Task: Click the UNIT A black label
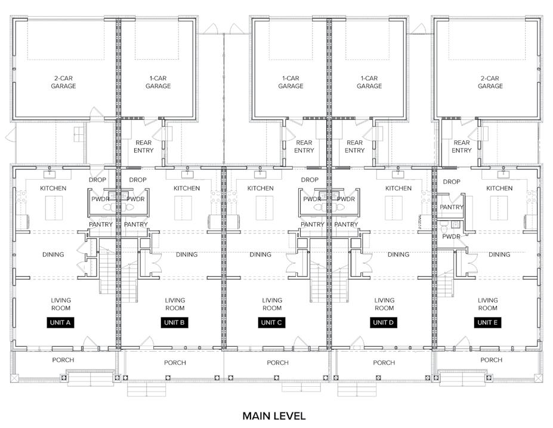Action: (x=60, y=322)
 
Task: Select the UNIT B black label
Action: (x=174, y=322)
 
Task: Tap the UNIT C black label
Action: (x=271, y=322)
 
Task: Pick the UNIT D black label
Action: (x=384, y=322)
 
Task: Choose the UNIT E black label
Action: (x=487, y=322)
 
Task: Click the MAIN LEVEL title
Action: (x=274, y=415)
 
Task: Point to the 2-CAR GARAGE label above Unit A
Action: (x=63, y=82)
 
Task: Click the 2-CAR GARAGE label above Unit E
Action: (x=490, y=82)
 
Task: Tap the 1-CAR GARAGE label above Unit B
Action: (x=158, y=82)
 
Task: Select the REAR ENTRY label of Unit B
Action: (x=144, y=146)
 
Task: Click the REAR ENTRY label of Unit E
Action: (x=462, y=146)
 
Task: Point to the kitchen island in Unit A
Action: (x=54, y=208)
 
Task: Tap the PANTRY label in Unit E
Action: (x=452, y=207)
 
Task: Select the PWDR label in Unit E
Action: (x=451, y=236)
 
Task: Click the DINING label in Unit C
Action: (x=260, y=254)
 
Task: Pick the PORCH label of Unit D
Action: (x=384, y=362)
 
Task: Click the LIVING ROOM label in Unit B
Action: (x=175, y=304)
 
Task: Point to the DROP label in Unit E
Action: (x=452, y=181)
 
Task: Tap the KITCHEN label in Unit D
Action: (x=398, y=189)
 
